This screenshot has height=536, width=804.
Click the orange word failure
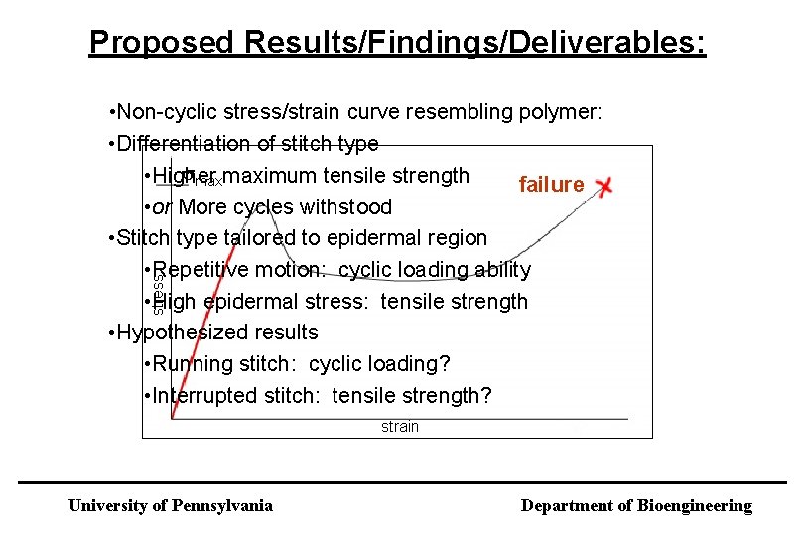pyautogui.click(x=551, y=185)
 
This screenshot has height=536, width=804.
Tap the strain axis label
pyautogui.click(x=400, y=427)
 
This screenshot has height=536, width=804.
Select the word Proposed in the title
pyautogui.click(x=147, y=42)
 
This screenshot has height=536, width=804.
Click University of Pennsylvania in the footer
pyautogui.click(x=170, y=506)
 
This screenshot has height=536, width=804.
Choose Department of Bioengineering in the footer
pyautogui.click(x=636, y=506)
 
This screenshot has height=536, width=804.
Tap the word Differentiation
pyautogui.click(x=184, y=144)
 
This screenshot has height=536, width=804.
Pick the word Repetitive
pyautogui.click(x=201, y=270)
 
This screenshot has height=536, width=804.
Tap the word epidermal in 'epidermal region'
pyautogui.click(x=368, y=238)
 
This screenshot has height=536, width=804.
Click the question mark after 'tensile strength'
pyautogui.click(x=485, y=396)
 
